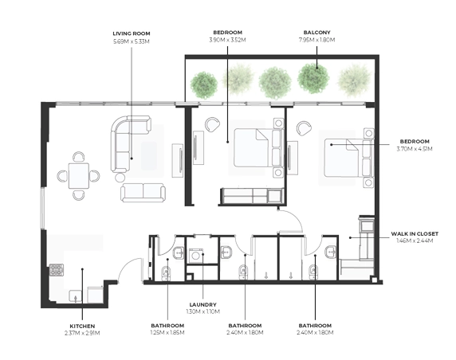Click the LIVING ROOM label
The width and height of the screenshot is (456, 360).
coord(132,33)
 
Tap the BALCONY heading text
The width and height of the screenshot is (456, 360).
coord(316,33)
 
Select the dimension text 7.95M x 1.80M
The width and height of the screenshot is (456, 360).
coord(316,40)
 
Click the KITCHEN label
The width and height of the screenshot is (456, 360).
coord(82,327)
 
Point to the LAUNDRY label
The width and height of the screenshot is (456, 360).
coord(203,305)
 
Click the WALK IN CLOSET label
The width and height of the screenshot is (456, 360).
coord(415,233)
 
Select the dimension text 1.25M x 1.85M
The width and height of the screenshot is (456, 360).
coord(167,332)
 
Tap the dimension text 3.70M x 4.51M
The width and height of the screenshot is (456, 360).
coord(415,149)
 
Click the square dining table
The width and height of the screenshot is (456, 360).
coord(78,176)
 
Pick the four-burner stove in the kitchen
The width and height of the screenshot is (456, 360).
coord(57,270)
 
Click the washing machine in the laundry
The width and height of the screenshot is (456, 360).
coord(196,256)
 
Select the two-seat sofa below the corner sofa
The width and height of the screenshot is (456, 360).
coord(143,193)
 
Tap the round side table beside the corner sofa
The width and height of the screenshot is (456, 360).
coord(120,178)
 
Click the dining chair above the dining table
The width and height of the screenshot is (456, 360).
coord(78,157)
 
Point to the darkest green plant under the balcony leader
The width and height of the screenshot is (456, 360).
coord(313,78)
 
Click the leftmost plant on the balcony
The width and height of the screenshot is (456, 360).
coord(204,85)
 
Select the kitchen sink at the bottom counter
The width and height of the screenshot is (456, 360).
coord(75,296)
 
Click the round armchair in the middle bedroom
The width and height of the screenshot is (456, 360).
coord(212,124)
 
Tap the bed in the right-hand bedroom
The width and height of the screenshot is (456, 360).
coord(348,158)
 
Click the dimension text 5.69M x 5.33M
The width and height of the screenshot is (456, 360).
coord(132,41)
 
